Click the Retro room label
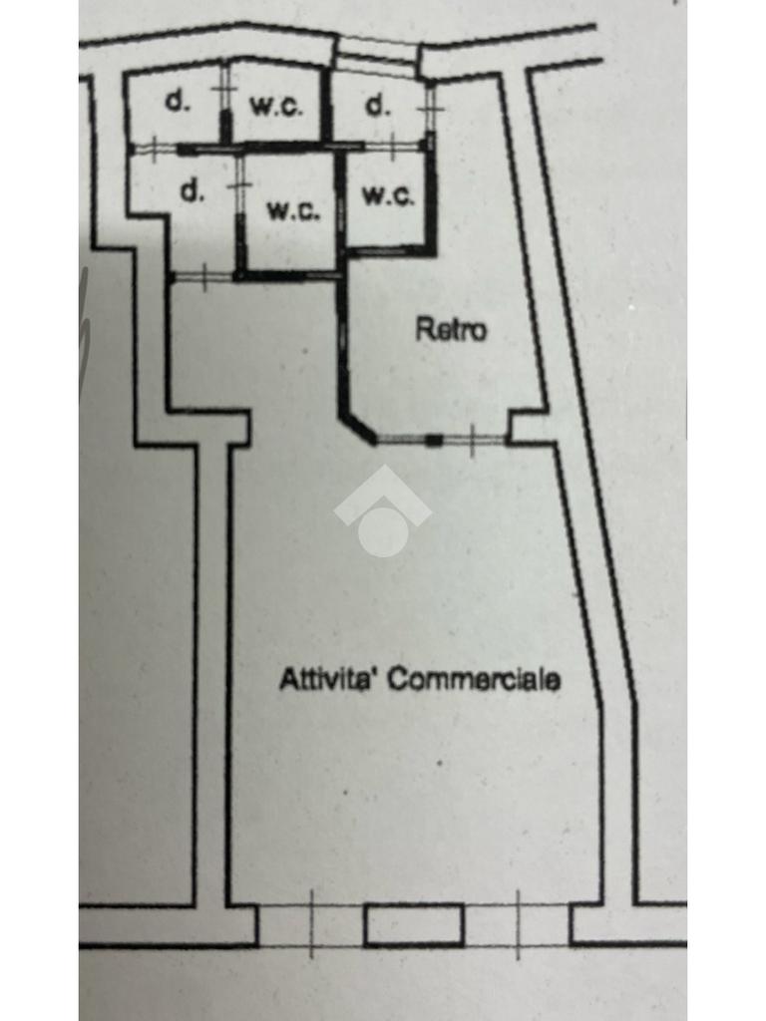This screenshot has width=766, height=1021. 451,329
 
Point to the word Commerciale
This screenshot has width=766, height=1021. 473,680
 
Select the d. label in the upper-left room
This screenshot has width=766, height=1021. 177,102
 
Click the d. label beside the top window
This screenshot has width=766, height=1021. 377,105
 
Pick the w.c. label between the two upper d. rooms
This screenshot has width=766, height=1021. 276,106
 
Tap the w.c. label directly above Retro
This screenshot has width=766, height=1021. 388,195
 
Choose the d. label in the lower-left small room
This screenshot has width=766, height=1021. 191,191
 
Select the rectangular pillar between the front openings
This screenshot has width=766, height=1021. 414,924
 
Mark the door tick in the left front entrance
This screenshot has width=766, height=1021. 311,923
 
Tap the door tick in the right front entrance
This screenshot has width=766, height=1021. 518,923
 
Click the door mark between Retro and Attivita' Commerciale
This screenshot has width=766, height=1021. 471,440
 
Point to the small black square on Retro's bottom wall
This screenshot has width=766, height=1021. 434,440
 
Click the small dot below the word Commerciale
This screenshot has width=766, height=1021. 441,764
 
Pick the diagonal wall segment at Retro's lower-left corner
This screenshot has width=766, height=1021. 357,427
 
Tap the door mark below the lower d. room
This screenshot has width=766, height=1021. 203,276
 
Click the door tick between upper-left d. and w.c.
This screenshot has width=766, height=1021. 224,90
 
